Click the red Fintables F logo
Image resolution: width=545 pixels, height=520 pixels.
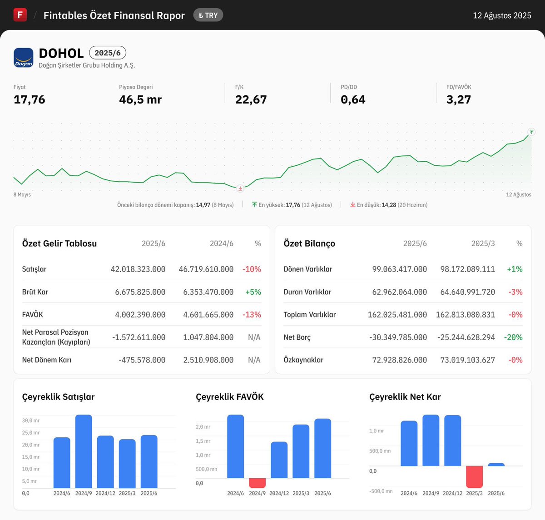(x=20, y=15)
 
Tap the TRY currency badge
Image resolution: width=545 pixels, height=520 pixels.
(x=208, y=15)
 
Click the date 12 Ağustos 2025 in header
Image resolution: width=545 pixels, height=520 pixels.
(x=502, y=15)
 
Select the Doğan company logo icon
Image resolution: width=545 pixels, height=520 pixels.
(x=24, y=58)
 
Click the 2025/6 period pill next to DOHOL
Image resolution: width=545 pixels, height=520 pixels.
(x=108, y=53)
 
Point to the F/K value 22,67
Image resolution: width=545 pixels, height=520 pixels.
(x=251, y=99)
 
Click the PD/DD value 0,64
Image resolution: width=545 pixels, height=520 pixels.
(x=353, y=99)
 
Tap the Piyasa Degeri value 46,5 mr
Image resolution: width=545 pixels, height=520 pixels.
(x=140, y=99)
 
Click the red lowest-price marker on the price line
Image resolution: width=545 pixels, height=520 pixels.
(x=240, y=188)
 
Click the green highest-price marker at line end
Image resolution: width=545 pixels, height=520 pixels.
(x=531, y=132)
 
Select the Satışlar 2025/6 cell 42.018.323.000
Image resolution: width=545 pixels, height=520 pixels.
(x=138, y=269)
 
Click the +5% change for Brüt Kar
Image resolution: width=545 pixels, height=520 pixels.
(x=253, y=292)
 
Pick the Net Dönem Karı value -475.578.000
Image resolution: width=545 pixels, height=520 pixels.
(x=142, y=360)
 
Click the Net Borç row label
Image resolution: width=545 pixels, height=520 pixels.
(x=297, y=337)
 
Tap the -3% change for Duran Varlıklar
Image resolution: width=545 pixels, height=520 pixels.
(x=515, y=292)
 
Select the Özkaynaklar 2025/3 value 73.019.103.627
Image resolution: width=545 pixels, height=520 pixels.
(x=467, y=360)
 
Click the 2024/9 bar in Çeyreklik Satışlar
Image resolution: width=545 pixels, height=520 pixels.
(x=84, y=451)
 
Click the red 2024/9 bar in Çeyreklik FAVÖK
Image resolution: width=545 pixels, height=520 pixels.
(x=257, y=483)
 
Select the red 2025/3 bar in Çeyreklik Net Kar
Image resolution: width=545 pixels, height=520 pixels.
(x=474, y=476)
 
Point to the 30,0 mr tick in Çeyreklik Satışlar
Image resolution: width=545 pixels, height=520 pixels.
(x=31, y=421)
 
